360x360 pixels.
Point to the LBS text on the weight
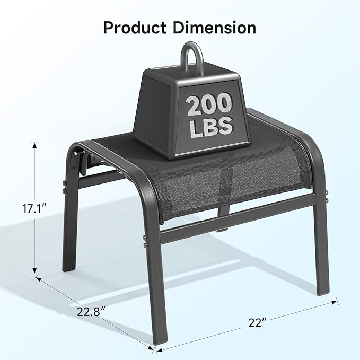[210, 126]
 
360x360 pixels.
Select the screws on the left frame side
[63, 187]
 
